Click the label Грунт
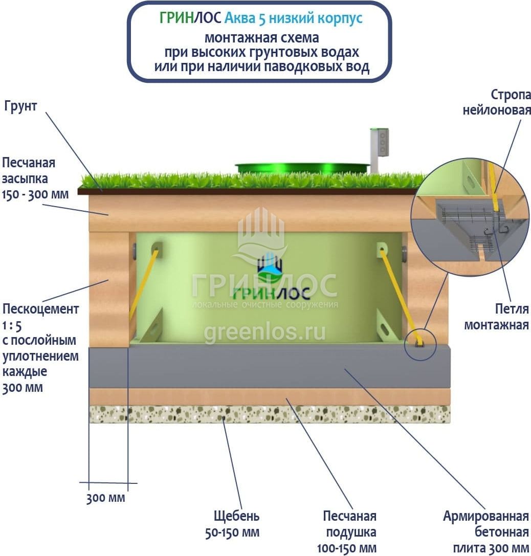coord(20,107)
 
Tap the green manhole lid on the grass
coord(302,168)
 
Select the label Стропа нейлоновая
coord(497,102)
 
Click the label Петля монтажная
coord(496,317)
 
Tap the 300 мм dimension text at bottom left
coord(105,498)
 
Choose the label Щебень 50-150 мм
coord(236,523)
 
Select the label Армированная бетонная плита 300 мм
coord(485,532)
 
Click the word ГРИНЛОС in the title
coord(190,18)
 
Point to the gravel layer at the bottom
coord(270,414)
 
